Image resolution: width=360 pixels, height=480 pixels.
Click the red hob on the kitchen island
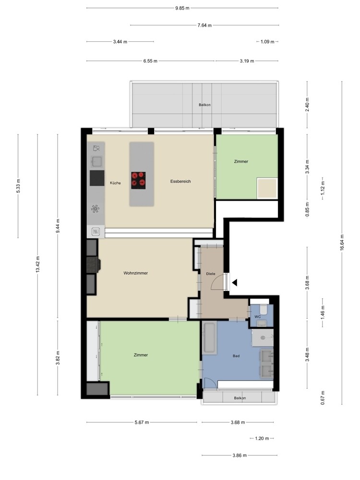[x=138, y=180]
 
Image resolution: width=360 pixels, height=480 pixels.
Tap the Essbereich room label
[x=180, y=181]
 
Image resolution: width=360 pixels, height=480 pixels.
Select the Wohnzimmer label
[x=136, y=273]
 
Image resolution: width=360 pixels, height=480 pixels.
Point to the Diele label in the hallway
[x=211, y=274]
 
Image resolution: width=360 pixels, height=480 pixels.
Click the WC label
[x=257, y=317]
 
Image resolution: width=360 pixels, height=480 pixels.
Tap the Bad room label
[x=236, y=356]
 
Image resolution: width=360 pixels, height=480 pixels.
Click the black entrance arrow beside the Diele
[x=235, y=283]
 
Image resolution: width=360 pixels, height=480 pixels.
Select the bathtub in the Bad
[x=210, y=337]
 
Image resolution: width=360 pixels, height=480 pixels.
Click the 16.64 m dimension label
[x=342, y=242]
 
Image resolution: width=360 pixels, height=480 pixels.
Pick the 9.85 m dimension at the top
[x=182, y=8]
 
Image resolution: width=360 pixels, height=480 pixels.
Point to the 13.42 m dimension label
[x=37, y=264]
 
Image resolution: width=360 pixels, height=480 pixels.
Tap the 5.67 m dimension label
[x=142, y=422]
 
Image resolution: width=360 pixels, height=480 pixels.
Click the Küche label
[x=115, y=183]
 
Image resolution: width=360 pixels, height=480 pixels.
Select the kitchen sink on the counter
[x=97, y=161]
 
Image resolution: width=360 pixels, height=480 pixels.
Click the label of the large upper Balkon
[x=204, y=105]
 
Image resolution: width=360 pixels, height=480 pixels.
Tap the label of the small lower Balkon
[x=240, y=398]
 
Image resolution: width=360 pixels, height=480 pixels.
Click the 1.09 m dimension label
[x=267, y=42]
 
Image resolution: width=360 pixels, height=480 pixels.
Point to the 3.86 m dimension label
[x=240, y=455]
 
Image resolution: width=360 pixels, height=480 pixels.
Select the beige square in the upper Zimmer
[x=267, y=189]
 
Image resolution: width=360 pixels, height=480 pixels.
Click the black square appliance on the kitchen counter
[x=97, y=178]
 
